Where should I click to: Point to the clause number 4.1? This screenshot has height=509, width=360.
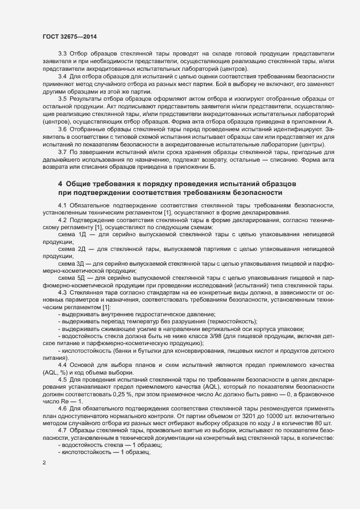click(63, 204)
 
